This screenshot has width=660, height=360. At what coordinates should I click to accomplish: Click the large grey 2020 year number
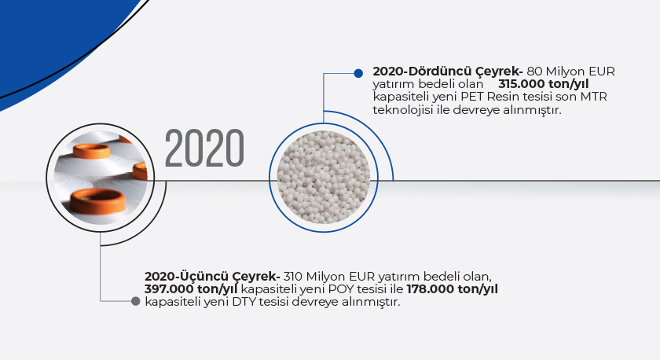[204, 149]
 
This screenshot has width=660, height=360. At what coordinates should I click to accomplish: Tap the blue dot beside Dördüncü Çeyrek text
[358, 73]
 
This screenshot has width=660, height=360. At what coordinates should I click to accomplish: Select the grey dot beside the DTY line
[135, 301]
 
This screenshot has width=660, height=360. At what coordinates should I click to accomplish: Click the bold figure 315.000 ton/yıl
[544, 84]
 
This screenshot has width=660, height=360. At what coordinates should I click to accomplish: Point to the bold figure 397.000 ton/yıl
[191, 289]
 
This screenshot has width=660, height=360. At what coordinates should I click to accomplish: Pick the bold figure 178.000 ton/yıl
[453, 289]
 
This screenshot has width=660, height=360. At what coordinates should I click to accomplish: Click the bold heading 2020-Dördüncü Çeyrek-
[448, 72]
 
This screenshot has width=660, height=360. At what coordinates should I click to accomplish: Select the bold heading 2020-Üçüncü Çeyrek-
[213, 277]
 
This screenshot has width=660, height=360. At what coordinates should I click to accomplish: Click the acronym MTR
[594, 97]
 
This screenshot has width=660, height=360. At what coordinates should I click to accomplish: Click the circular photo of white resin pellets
[324, 178]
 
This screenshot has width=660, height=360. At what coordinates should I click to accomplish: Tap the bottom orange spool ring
[97, 200]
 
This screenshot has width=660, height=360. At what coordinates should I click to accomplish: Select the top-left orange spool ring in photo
[91, 151]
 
